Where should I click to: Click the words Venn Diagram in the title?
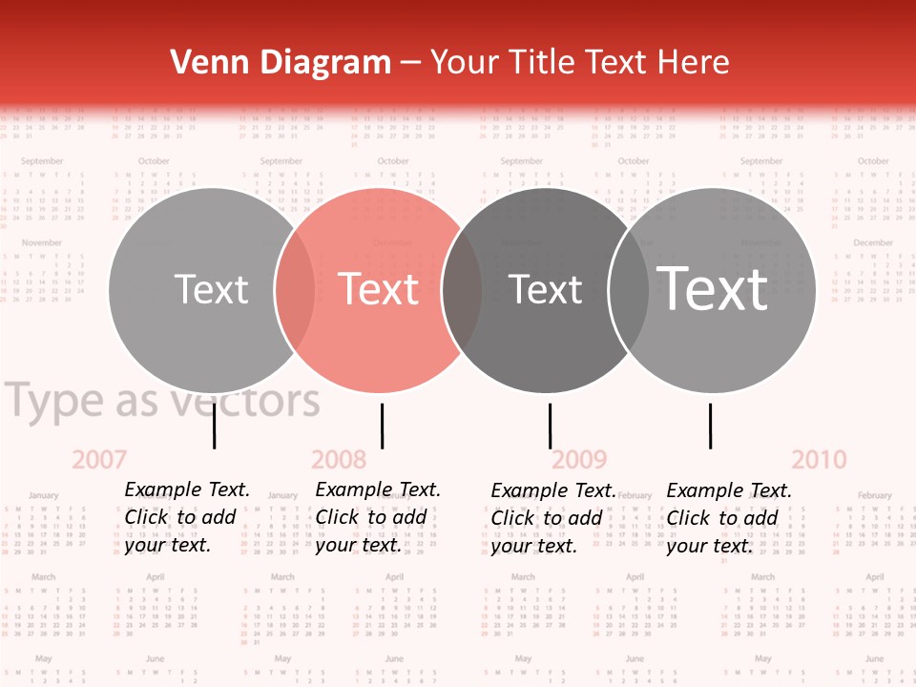(x=281, y=63)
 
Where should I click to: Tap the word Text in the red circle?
(x=379, y=289)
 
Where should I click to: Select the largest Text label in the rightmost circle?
(x=713, y=288)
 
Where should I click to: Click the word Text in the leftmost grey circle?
(x=211, y=289)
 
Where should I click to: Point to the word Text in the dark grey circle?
(x=546, y=289)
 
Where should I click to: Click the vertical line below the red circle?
(x=382, y=426)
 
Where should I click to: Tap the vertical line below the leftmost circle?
(x=214, y=426)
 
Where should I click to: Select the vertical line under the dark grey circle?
(x=550, y=426)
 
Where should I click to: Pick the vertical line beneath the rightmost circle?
(x=710, y=426)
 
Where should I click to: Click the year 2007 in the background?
(x=99, y=460)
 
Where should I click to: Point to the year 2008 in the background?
(x=339, y=460)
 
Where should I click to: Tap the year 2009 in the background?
(x=579, y=460)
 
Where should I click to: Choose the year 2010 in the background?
(x=819, y=460)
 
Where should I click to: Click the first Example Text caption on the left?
(x=186, y=517)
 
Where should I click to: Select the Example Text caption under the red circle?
(x=377, y=517)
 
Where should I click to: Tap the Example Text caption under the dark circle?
(x=552, y=518)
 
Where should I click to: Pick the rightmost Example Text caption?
(x=728, y=518)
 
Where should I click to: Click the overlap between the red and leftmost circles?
(x=295, y=289)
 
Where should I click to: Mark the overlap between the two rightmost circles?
(x=629, y=289)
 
